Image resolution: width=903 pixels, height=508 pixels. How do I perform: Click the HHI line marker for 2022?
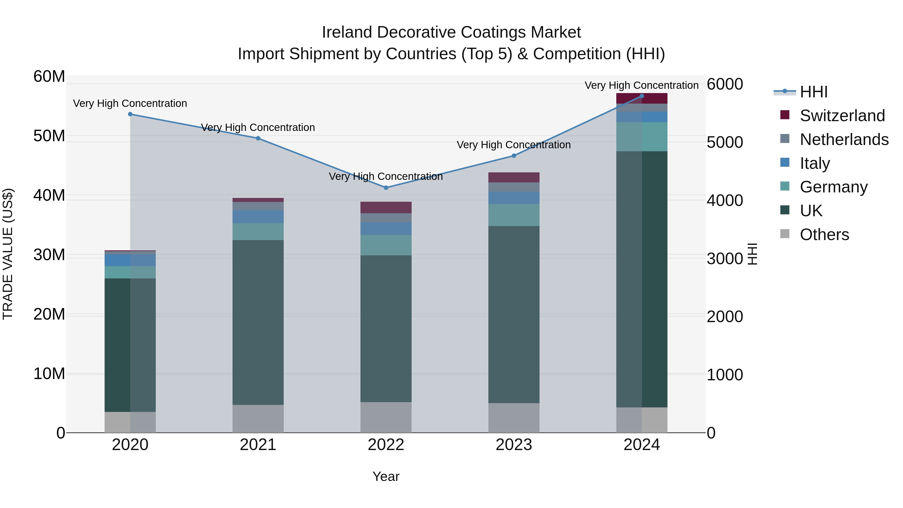(386, 188)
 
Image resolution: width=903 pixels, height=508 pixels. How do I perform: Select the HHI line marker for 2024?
(642, 96)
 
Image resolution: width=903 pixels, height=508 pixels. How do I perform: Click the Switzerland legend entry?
(842, 116)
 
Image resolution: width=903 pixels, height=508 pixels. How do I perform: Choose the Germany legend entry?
(833, 187)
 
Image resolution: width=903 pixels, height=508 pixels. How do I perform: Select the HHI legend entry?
(813, 92)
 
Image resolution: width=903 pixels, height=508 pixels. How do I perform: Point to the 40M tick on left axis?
(49, 195)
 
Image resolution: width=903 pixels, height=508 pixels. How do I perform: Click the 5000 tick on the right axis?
(725, 142)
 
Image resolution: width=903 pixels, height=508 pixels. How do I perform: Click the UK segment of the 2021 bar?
(258, 323)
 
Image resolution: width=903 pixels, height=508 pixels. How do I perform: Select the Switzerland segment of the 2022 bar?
(386, 207)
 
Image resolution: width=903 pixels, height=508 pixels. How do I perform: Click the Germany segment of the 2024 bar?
(642, 137)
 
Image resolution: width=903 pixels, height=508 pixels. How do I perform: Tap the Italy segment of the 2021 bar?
(258, 217)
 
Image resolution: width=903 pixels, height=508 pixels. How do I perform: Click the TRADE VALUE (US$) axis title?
(8, 254)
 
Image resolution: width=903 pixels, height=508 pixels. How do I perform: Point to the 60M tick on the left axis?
(49, 77)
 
